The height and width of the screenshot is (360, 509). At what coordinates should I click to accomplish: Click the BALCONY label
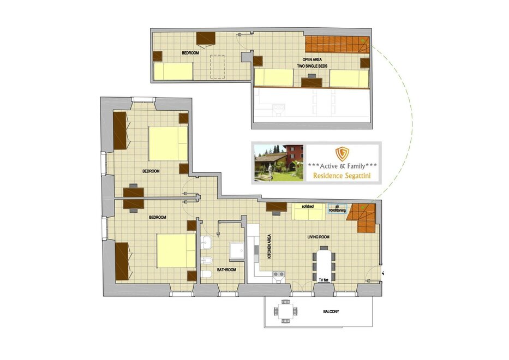tap(331, 311)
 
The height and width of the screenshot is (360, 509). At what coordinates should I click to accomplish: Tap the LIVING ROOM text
tap(319, 237)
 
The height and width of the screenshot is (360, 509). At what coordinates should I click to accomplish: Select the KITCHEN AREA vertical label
tap(269, 247)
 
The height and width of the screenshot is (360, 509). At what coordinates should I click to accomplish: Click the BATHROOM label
tap(226, 270)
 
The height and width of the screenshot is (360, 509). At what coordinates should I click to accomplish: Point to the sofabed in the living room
tap(309, 211)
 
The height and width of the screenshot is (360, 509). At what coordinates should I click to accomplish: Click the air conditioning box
tap(337, 208)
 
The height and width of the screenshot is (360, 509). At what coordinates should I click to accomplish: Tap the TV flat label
tap(324, 280)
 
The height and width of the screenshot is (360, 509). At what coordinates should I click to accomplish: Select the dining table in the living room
tap(324, 263)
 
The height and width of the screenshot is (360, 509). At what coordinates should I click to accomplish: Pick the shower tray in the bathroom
tap(237, 250)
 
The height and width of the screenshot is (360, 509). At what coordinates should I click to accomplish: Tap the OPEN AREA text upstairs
tap(312, 60)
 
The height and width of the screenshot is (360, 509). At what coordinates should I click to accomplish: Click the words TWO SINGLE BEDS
tap(312, 66)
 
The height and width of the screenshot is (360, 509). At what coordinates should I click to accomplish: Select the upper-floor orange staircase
tap(337, 45)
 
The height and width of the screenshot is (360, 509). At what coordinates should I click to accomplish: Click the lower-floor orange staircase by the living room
tap(363, 217)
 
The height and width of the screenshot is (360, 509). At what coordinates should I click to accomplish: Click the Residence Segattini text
tap(342, 176)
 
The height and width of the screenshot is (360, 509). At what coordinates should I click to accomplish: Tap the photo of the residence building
tap(279, 163)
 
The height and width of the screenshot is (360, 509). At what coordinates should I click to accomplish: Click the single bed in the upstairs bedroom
tap(173, 71)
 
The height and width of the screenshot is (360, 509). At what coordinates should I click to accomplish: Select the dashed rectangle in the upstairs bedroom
tap(217, 67)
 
